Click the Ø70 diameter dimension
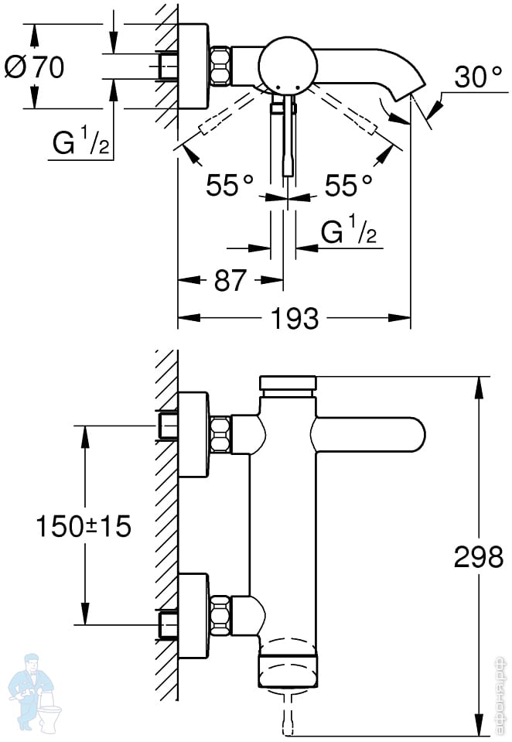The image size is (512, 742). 34,67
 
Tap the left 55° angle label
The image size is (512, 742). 230,185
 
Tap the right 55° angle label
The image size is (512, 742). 349,185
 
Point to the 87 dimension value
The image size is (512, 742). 230,280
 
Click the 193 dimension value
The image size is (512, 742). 295,318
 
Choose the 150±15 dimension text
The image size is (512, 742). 84,525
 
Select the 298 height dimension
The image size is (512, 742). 479,556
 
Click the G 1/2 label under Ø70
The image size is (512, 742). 81,142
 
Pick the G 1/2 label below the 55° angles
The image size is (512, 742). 349,230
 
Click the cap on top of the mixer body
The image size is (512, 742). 288,385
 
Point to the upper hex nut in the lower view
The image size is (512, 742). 220,433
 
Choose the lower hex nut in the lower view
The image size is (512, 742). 220,614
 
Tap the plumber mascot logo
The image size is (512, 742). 33,692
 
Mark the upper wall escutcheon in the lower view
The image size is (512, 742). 193,434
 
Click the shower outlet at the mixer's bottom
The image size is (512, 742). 288,668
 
